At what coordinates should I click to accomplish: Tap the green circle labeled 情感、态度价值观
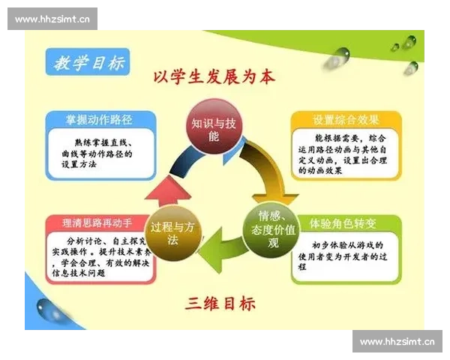263,223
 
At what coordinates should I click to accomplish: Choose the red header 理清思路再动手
100,223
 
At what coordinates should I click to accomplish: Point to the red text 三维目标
219,303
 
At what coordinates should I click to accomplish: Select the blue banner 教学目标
87,63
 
